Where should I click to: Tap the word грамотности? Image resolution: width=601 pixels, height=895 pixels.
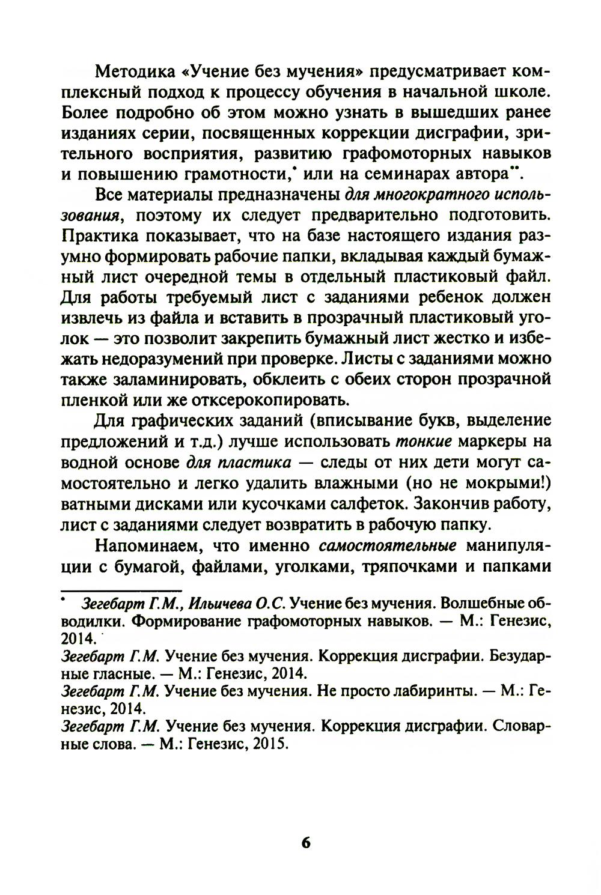click(x=228, y=174)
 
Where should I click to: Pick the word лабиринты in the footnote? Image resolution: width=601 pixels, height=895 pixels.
click(x=435, y=691)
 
